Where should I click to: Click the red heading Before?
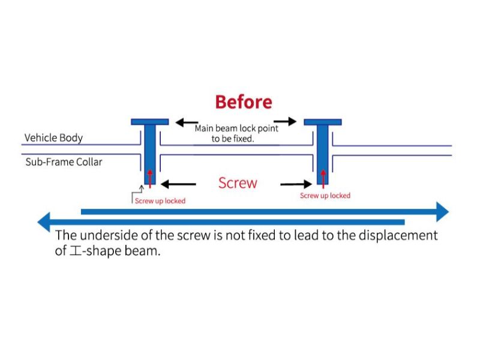(x=243, y=102)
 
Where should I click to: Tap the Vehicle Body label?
(x=53, y=137)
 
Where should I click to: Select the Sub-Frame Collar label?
(x=64, y=162)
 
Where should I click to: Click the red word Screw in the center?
(x=238, y=183)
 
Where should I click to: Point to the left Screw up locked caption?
(x=160, y=201)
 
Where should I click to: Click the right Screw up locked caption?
(x=325, y=196)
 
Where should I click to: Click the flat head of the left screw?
(x=149, y=122)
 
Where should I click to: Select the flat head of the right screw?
(x=323, y=122)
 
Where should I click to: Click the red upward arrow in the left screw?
(x=149, y=177)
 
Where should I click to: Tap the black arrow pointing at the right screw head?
(x=286, y=122)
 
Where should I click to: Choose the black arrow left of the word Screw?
(x=179, y=184)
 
